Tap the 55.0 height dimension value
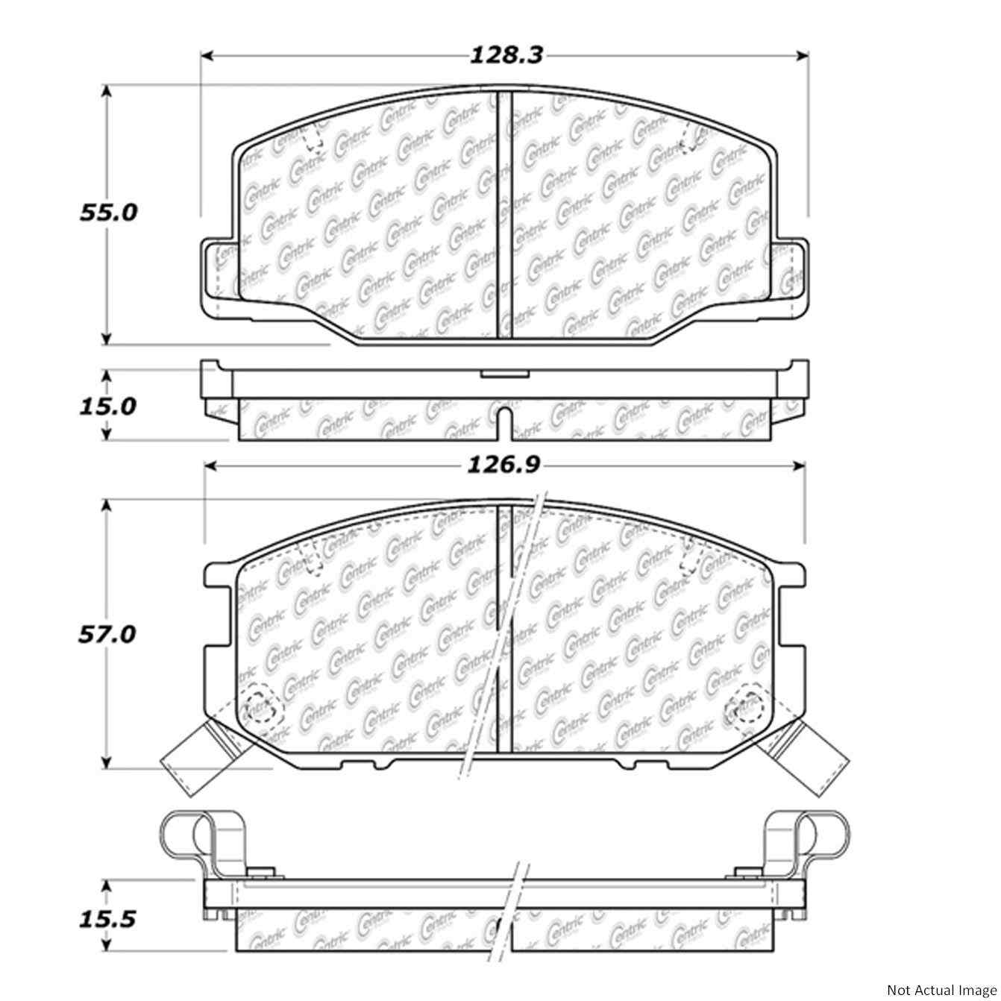[108, 213]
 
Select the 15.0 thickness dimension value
[108, 406]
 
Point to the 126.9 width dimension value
[503, 465]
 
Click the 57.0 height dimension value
[108, 634]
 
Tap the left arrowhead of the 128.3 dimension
[208, 55]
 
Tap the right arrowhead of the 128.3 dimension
[803, 55]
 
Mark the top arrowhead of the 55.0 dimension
[107, 91]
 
